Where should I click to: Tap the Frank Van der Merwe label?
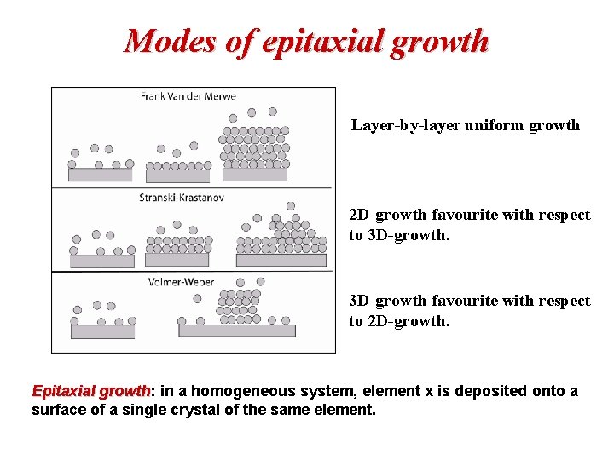pyautogui.click(x=188, y=96)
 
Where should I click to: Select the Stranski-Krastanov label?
pyautogui.click(x=182, y=198)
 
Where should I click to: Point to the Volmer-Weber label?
pyautogui.click(x=181, y=281)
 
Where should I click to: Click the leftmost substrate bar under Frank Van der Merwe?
pyautogui.click(x=101, y=175)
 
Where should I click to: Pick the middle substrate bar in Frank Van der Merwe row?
pyautogui.click(x=177, y=176)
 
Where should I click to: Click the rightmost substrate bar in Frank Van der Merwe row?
pyautogui.click(x=255, y=175)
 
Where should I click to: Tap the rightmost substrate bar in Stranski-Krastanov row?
pyautogui.click(x=281, y=260)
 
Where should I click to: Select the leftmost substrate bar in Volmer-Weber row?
pyautogui.click(x=102, y=332)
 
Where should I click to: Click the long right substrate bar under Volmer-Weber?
pyautogui.click(x=236, y=331)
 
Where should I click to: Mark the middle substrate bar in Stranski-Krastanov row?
pyautogui.click(x=178, y=260)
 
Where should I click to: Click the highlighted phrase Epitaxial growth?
pyautogui.click(x=90, y=391)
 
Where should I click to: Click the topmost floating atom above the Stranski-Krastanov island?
pyautogui.click(x=291, y=206)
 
